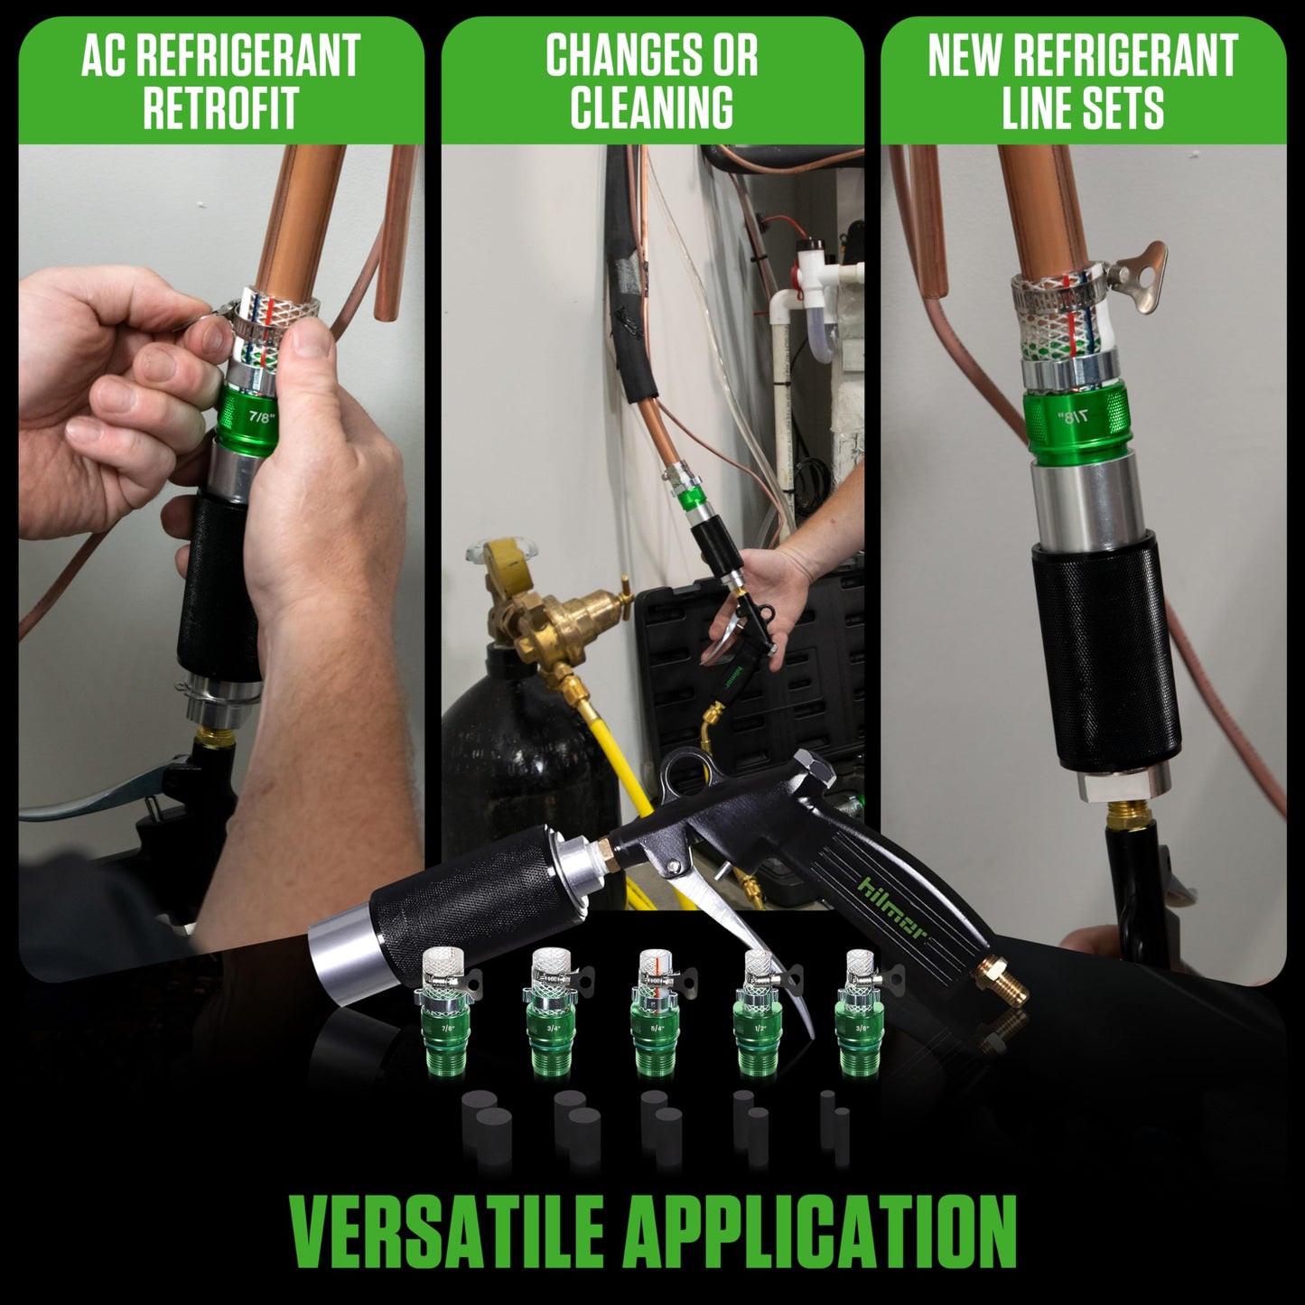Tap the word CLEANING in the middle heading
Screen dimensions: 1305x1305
tap(651, 107)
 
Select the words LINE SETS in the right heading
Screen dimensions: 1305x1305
tap(1082, 107)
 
